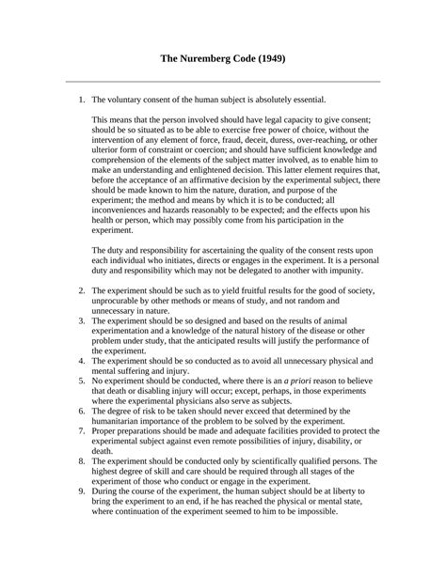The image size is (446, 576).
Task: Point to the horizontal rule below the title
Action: (x=222, y=81)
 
